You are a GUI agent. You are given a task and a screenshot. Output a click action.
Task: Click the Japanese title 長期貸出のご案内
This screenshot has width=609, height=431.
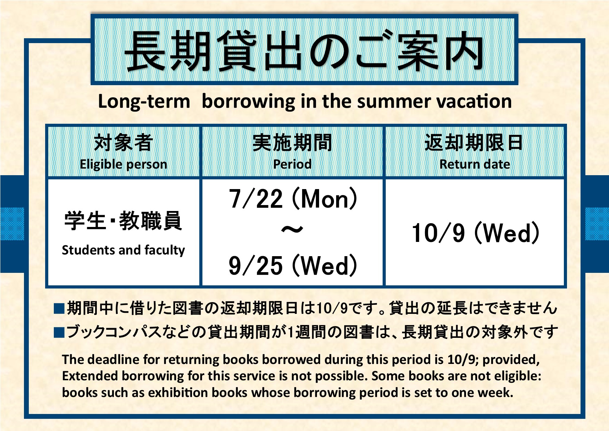pos(304,51)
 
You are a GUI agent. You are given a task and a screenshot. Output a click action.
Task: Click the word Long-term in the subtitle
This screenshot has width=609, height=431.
pos(144,102)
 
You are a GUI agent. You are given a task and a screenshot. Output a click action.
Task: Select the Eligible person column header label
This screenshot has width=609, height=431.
pos(123,164)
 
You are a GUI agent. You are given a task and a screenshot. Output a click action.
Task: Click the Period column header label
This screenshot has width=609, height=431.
pos(292,164)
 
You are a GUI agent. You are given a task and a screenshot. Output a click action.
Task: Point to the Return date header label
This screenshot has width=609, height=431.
pos(475,164)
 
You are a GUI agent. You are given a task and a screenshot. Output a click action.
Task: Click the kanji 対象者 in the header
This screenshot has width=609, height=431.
pos(123,143)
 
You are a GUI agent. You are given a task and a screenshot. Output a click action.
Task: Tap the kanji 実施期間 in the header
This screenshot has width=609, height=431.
pos(292,143)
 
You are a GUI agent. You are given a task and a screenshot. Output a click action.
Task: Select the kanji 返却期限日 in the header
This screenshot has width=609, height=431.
pos(474,143)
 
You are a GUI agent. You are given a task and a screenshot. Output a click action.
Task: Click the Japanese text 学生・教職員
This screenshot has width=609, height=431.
pos(123,221)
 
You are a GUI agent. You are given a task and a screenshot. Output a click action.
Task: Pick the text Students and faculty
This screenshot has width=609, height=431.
pos(123,250)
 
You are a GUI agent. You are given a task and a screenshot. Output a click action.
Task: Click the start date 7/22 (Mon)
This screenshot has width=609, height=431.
pos(293,199)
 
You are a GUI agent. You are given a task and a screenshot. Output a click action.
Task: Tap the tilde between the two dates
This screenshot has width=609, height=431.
pos(292,230)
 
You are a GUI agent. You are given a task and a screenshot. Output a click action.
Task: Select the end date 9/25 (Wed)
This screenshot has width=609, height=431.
pos(293,266)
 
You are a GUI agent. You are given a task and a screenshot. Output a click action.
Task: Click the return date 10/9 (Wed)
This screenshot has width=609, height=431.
pos(475,233)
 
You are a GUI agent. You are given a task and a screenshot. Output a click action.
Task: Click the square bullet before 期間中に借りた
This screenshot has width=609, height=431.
pos(59,309)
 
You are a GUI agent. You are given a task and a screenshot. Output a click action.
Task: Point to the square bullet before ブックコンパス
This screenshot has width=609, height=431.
pos(59,333)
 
